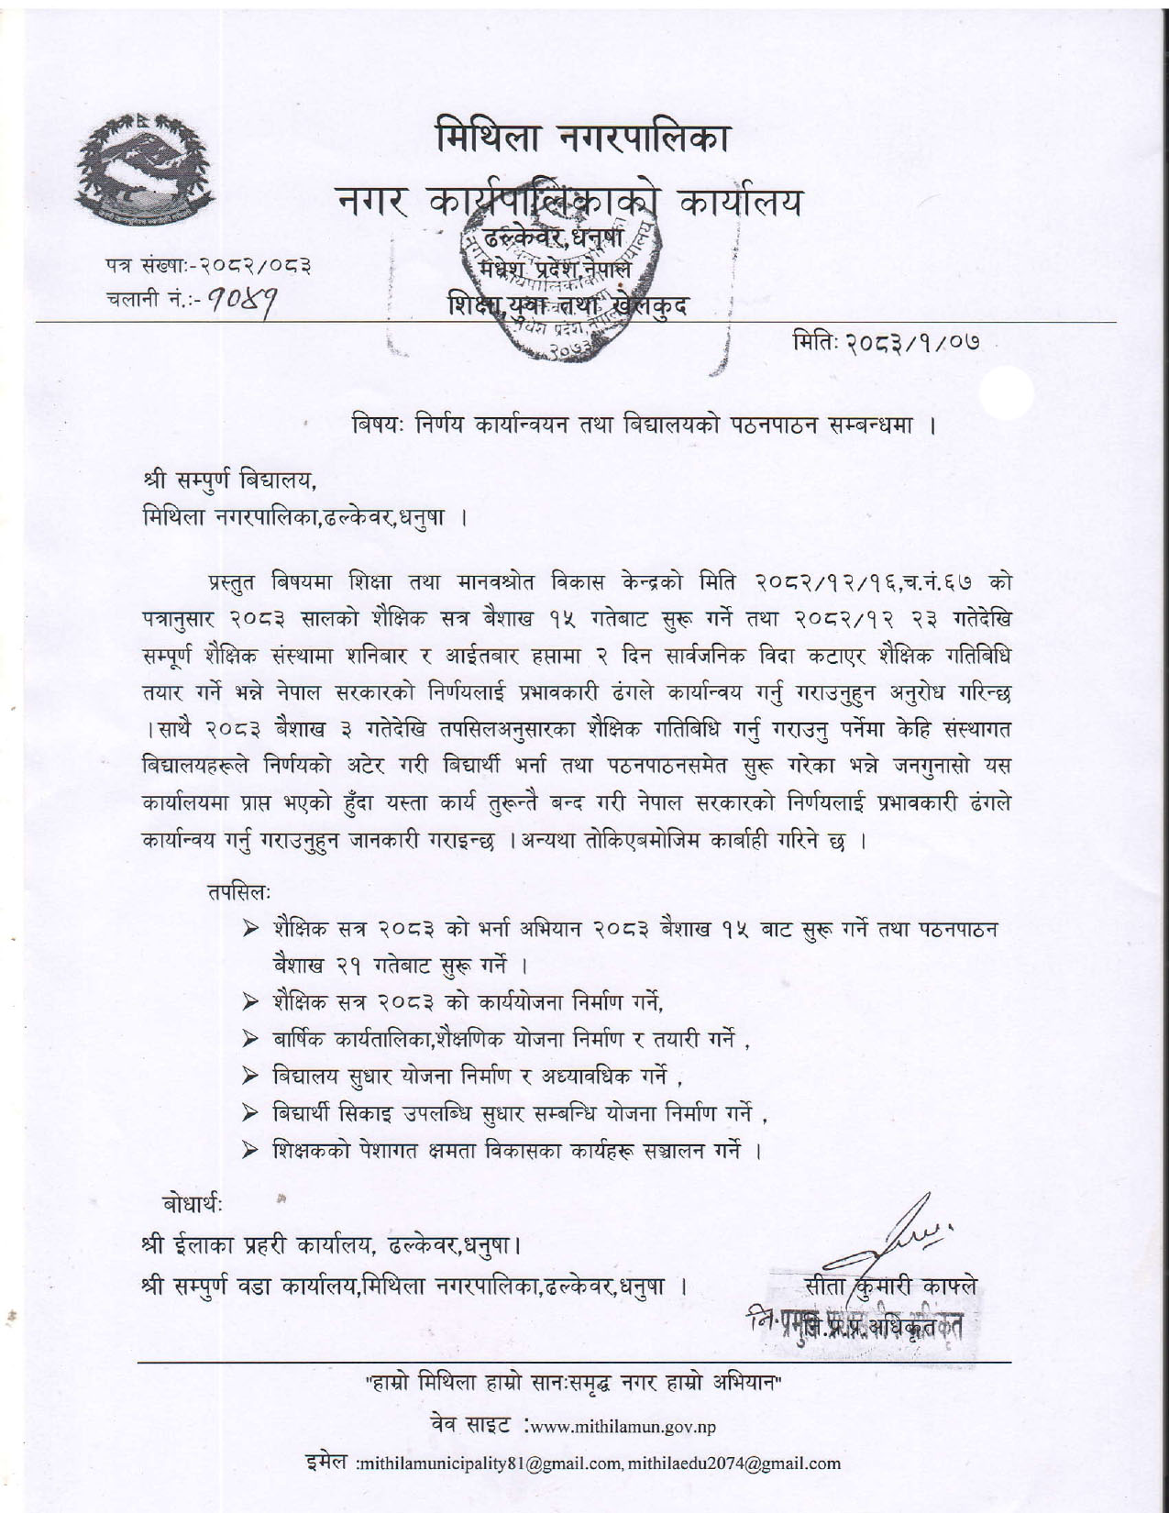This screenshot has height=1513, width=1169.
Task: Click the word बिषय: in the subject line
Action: tap(380, 426)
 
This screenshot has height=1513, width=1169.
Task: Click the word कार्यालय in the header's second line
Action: tap(740, 204)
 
